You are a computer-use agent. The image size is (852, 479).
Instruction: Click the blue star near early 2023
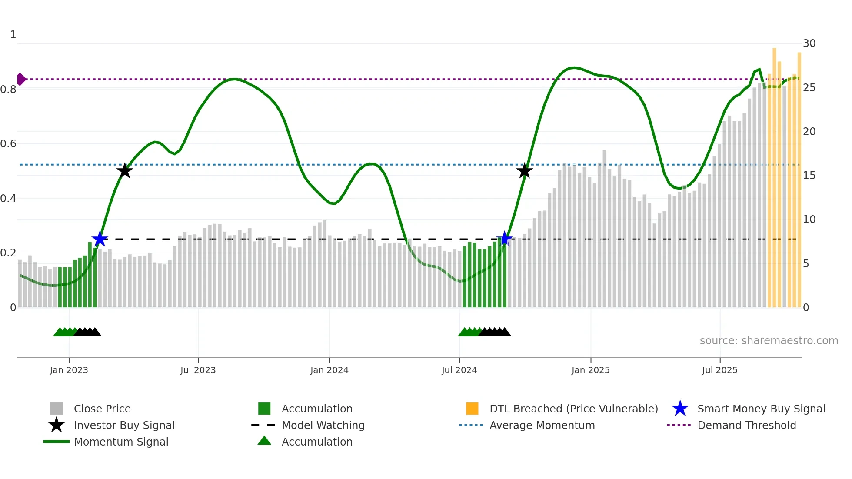100,239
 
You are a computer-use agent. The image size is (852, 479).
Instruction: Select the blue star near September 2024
504,239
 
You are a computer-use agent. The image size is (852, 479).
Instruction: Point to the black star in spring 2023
125,171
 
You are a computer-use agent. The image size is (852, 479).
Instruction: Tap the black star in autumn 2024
525,171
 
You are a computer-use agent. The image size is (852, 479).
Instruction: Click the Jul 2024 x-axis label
459,370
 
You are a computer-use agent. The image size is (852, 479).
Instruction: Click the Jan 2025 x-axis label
590,370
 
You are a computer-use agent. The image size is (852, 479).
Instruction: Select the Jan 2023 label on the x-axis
69,370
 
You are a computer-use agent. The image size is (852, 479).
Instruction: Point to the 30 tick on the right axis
809,43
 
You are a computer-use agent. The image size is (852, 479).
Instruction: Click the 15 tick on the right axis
809,176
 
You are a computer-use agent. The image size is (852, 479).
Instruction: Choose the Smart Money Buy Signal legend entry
761,409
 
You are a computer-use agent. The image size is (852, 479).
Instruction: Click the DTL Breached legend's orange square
472,409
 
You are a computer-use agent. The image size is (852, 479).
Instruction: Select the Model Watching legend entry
323,426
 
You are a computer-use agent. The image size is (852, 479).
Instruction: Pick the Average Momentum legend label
542,426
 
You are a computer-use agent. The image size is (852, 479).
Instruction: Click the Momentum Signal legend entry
121,442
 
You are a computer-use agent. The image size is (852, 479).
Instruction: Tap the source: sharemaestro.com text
769,341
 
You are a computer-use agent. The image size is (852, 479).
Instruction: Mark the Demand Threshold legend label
746,426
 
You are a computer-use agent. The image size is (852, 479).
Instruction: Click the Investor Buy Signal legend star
57,425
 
